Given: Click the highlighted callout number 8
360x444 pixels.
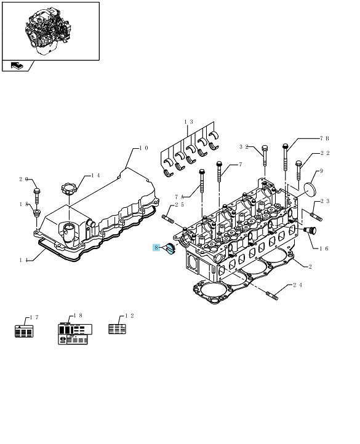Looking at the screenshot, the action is tap(156, 247).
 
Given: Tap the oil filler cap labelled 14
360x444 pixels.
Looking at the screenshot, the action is tap(68, 189).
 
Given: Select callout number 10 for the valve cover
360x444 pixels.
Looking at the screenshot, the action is tap(144, 148).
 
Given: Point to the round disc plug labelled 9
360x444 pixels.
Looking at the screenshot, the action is tap(310, 189).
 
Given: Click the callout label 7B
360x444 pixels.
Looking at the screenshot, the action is tap(324, 138).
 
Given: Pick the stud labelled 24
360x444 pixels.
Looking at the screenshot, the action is tap(272, 296).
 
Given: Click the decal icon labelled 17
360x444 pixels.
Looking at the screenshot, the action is tap(24, 331).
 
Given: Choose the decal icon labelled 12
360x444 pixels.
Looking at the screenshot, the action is tap(117, 329).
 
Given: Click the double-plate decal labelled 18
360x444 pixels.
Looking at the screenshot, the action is tap(74, 334).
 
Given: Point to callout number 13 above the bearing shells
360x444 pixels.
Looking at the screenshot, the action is tap(188, 122).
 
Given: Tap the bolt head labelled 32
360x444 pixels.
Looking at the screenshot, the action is tap(265, 148).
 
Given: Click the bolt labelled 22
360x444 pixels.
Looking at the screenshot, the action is tap(298, 170).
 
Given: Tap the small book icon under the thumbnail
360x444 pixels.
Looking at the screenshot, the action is tap(17, 66).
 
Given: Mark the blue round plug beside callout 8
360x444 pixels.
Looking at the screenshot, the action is tap(170, 249).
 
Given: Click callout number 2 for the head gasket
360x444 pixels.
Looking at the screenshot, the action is tap(310, 267).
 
